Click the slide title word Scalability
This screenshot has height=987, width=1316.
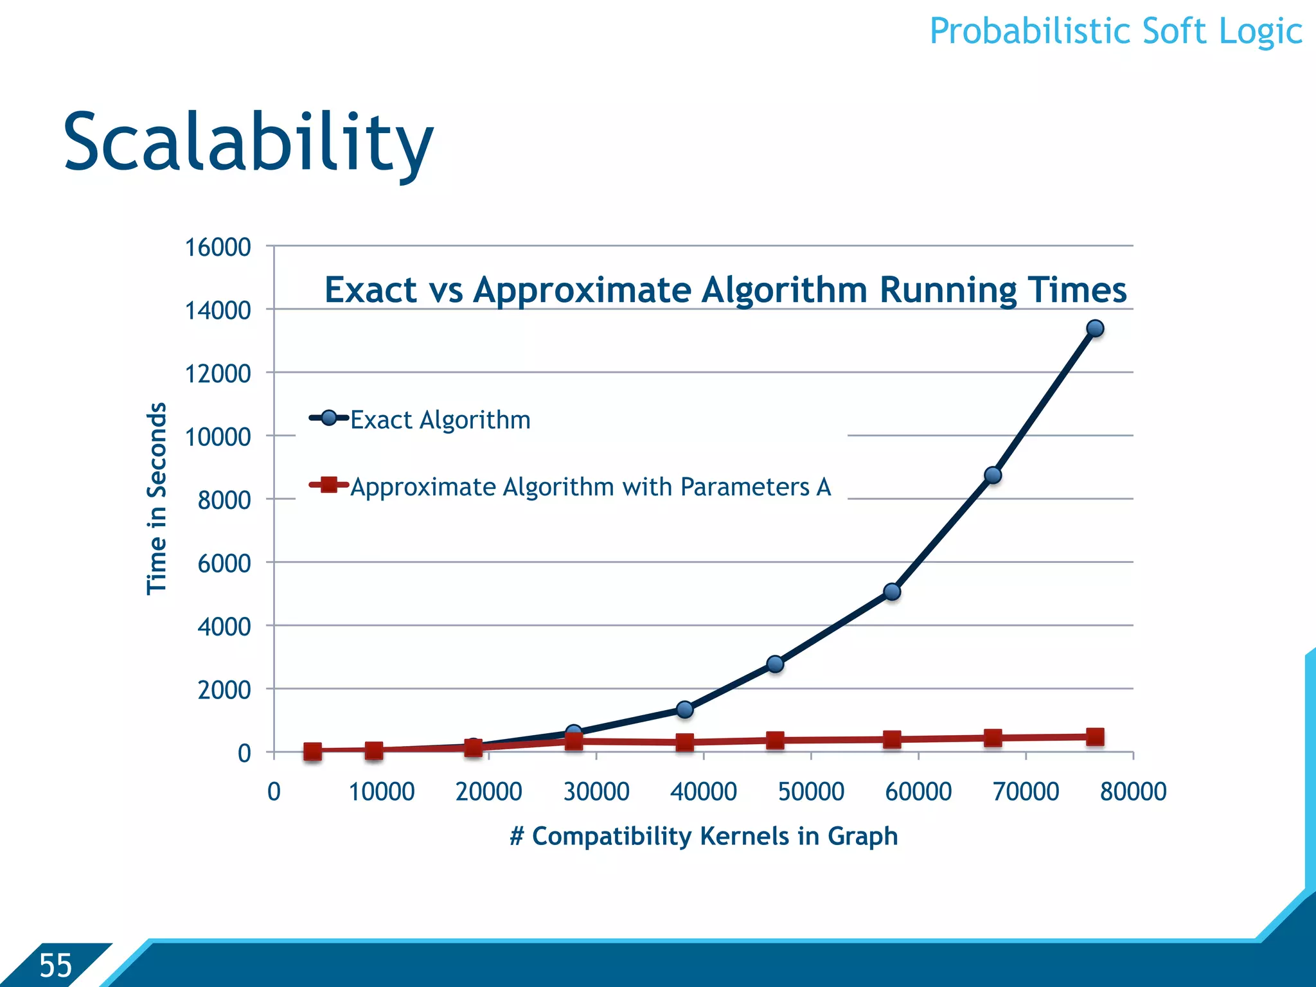[248, 143]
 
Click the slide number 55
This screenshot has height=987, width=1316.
[55, 966]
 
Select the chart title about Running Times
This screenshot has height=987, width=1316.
[725, 290]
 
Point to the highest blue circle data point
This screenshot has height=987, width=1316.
[1095, 328]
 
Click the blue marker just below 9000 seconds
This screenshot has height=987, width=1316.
[993, 475]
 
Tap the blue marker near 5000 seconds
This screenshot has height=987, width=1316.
[892, 592]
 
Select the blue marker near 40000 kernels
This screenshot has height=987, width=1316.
[685, 709]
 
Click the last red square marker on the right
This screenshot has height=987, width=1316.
[1095, 736]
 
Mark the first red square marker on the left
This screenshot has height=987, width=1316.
[312, 751]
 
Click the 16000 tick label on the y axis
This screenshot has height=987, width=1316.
[218, 247]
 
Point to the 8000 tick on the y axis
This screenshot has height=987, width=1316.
[224, 500]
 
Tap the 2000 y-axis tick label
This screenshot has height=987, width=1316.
[224, 690]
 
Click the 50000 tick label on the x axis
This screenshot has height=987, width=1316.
[811, 792]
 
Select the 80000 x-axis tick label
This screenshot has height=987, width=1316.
[1133, 792]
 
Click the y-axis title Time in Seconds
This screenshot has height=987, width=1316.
[157, 499]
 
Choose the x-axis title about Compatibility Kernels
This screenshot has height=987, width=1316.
[704, 836]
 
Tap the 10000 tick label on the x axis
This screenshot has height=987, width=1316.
[382, 792]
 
